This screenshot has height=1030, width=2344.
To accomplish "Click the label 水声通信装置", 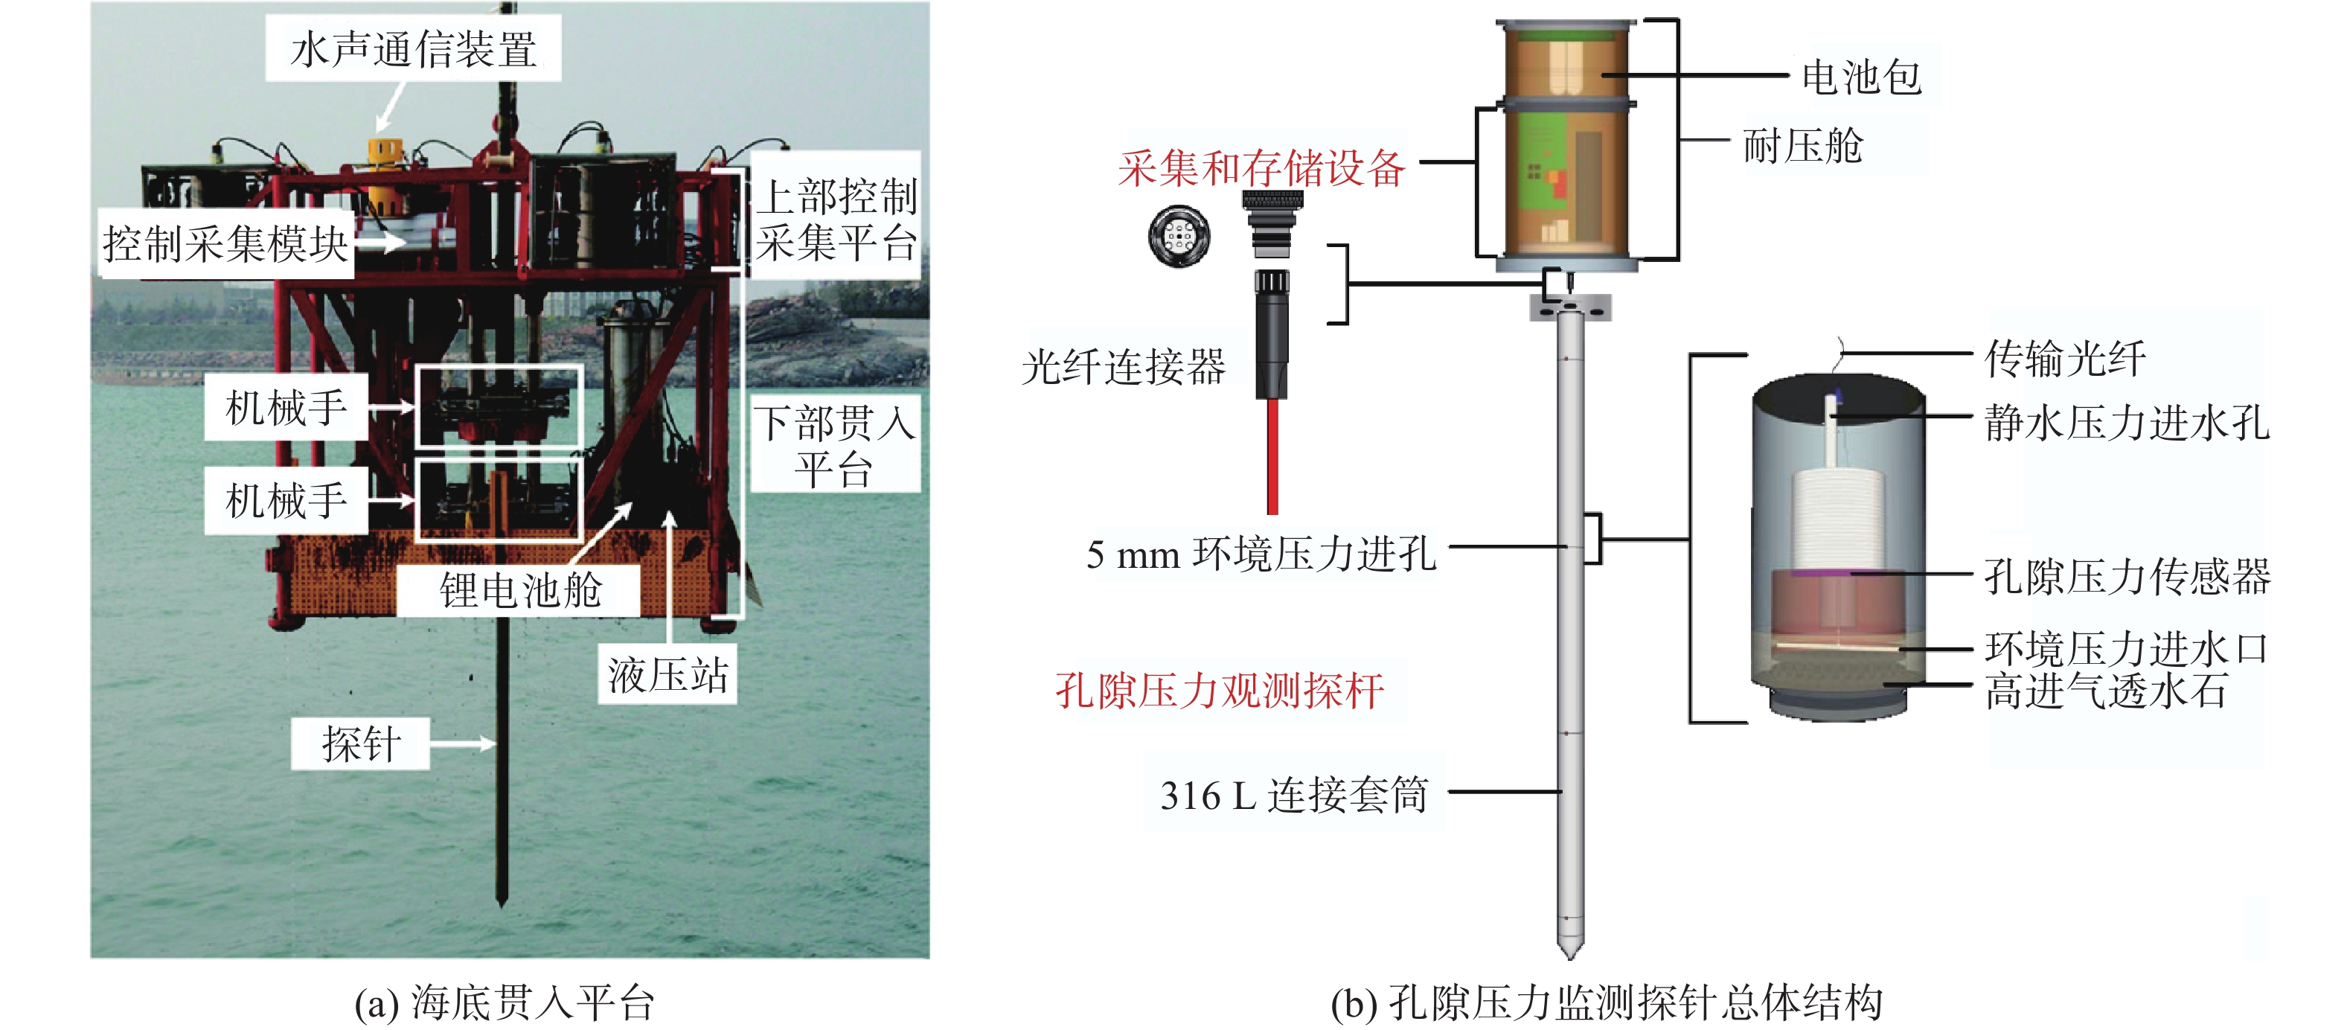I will coord(413,49).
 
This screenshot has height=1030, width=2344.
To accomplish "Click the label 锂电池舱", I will coord(520,590).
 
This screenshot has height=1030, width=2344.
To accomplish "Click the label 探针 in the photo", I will coord(361,744).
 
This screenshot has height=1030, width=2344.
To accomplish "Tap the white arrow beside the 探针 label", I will coord(462,744).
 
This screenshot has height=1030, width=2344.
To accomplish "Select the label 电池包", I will coord(1861,77).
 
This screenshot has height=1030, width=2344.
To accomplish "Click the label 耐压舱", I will coord(1802,146).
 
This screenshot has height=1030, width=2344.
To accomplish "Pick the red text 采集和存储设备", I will coord(1261,169).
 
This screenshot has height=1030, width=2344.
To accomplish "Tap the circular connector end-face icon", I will coord(1179,237).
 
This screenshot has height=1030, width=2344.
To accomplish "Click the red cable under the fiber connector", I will coord(1272,455).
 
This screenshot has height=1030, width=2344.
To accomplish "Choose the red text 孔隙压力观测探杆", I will coord(1220,691).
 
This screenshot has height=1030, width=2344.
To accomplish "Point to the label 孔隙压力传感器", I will coord(2127,576).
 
